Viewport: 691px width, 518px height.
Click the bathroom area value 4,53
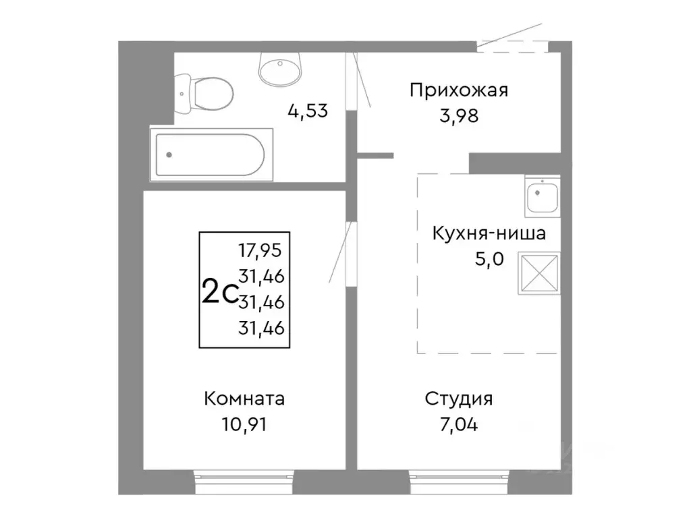click(x=307, y=111)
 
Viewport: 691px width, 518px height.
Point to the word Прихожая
click(x=458, y=90)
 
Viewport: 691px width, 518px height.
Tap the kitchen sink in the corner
click(x=542, y=195)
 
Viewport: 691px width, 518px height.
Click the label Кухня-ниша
click(x=489, y=234)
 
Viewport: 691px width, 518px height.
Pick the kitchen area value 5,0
click(x=489, y=260)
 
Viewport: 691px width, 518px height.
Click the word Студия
click(x=458, y=399)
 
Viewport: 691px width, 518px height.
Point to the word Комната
click(x=244, y=399)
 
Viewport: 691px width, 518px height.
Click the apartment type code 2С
click(x=218, y=293)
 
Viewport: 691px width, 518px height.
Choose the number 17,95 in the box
click(x=260, y=250)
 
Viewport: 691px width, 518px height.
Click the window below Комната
click(x=244, y=480)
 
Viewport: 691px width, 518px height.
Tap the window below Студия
click(x=458, y=480)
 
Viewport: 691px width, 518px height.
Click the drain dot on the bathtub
click(x=169, y=154)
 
